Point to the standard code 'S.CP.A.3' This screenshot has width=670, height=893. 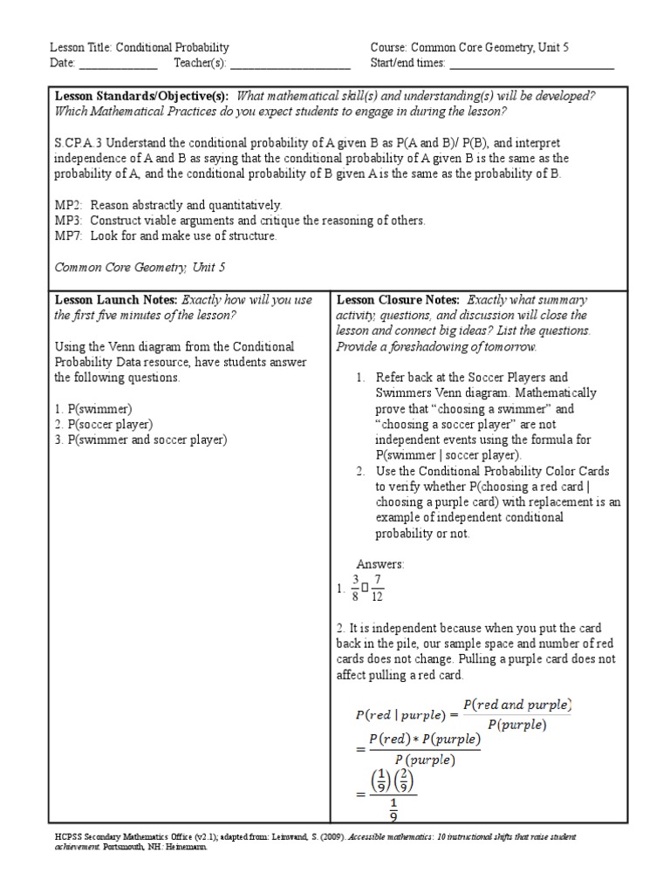coord(77,143)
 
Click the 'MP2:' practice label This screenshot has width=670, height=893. coord(69,205)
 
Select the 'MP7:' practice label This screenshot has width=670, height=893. coord(69,236)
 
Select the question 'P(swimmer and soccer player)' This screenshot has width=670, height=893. coord(147,440)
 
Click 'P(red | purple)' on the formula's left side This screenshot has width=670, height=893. coord(403,714)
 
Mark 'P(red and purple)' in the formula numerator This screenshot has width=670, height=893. coord(516,704)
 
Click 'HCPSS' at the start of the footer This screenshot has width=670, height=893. coord(67,836)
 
